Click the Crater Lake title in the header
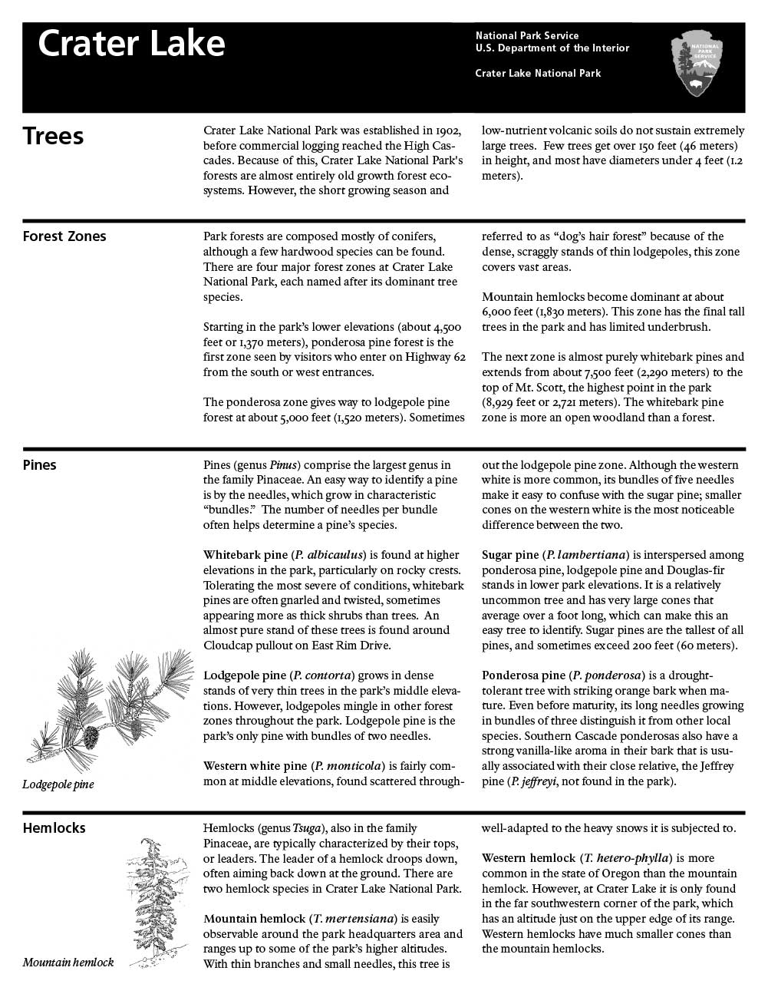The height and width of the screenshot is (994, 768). (x=131, y=44)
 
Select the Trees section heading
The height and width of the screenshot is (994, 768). (x=53, y=136)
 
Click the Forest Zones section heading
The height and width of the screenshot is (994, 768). (x=64, y=236)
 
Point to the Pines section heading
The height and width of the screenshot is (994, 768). (x=39, y=465)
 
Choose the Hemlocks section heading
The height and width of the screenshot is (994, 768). (x=54, y=828)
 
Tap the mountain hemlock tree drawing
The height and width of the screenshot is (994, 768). (x=157, y=902)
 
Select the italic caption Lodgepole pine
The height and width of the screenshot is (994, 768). (x=58, y=784)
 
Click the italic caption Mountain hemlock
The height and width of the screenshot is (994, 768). (x=68, y=963)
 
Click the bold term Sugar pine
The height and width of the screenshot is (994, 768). (x=509, y=555)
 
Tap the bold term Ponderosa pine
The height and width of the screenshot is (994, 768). (x=523, y=675)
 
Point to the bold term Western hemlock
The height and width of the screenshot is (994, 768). (x=528, y=858)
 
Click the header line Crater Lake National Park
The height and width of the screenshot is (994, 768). (x=538, y=74)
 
